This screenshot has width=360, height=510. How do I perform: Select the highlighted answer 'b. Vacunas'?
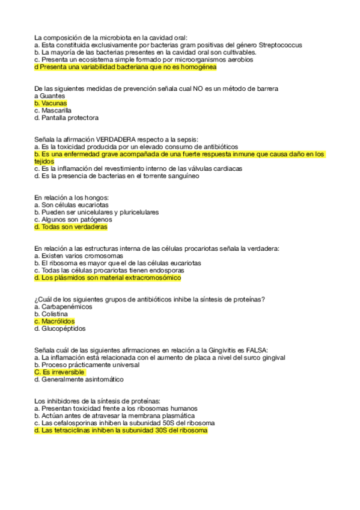coord(50,103)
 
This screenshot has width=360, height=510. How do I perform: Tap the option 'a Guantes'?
coord(49,96)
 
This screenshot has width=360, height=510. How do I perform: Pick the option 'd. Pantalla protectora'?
coord(66,118)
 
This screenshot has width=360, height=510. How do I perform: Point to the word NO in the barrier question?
coord(198,89)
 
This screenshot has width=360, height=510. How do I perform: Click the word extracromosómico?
coord(151,278)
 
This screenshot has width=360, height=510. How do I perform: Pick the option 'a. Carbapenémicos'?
coord(63,307)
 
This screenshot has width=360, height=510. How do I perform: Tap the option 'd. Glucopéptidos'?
coord(60,329)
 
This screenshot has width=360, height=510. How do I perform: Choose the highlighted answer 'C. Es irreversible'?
coord(59,372)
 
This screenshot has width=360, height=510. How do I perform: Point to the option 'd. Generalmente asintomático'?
coord(79,379)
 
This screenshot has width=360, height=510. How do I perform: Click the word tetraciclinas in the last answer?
coord(69,431)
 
